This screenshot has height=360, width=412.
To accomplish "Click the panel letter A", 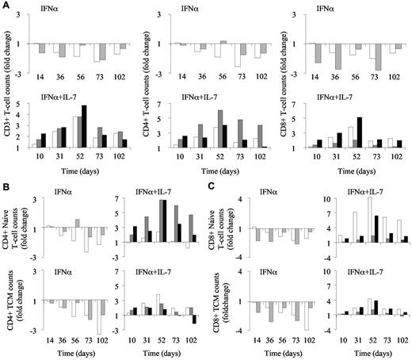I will pyautogui.click(x=6, y=6).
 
